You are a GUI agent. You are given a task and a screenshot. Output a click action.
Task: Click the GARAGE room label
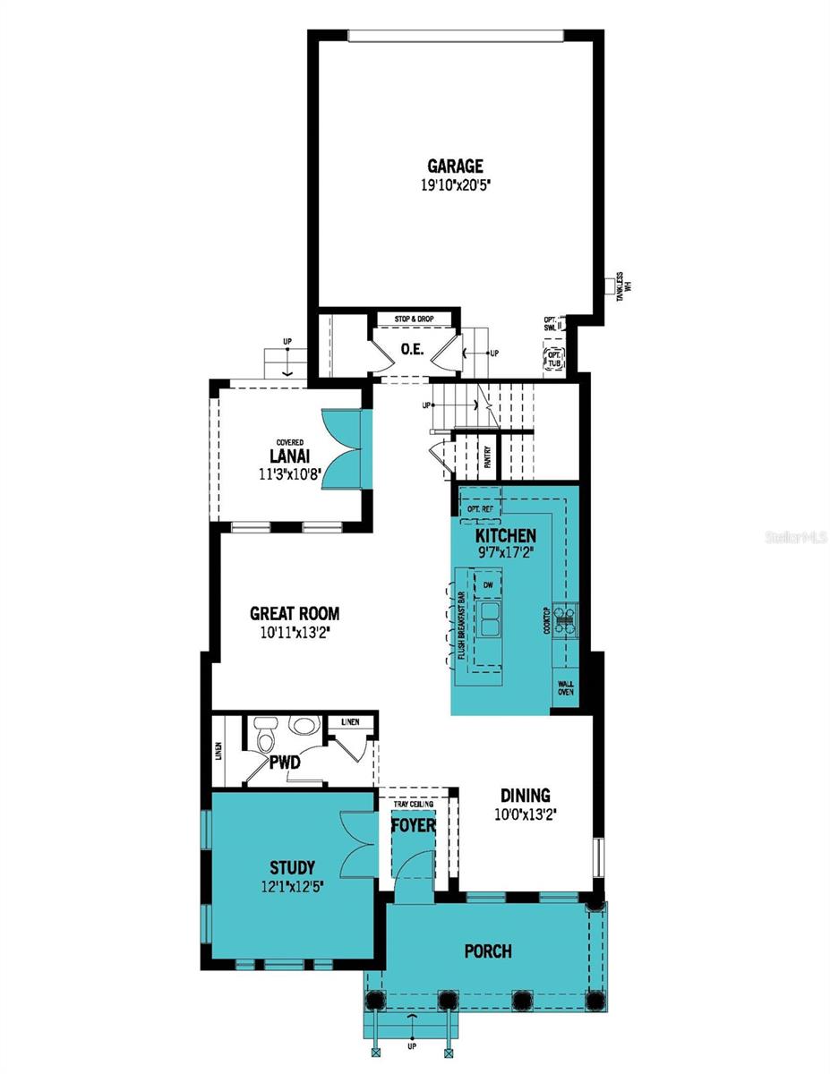[455, 166]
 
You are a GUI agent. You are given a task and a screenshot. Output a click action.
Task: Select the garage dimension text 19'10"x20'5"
[455, 186]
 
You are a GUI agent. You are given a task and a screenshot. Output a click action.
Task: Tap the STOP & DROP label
[415, 319]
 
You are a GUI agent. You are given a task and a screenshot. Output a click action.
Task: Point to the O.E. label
[411, 348]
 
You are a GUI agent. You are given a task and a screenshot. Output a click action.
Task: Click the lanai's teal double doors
[342, 449]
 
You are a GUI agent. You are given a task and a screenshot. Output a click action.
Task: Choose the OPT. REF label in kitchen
[481, 509]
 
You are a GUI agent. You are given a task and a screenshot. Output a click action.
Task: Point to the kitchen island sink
[489, 618]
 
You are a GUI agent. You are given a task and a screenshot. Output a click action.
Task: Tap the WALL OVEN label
[566, 688]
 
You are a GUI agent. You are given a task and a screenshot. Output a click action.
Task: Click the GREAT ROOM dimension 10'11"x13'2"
[294, 635]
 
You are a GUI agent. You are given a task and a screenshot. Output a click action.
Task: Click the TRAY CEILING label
[413, 805]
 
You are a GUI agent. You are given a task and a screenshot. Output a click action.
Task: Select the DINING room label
[525, 796]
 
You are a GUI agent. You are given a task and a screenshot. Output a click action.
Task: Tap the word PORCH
[489, 950]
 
